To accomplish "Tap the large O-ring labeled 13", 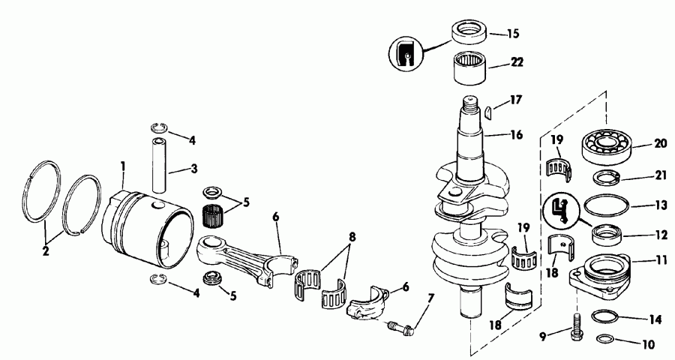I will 606,205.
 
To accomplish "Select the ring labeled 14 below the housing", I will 606,317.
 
